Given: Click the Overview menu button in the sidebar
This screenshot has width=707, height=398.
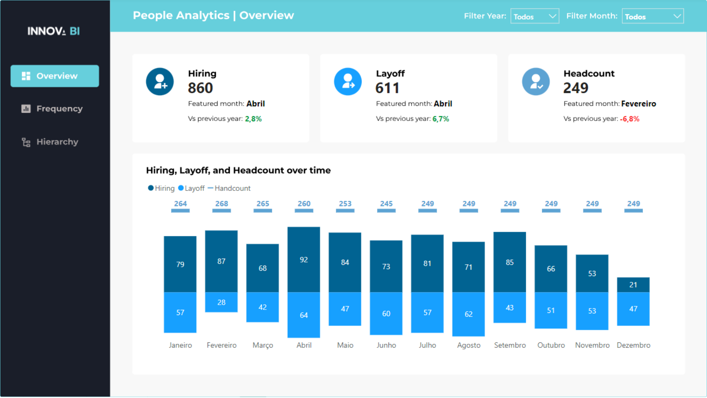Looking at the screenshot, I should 54,76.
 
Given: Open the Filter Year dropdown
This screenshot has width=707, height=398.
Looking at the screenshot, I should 534,16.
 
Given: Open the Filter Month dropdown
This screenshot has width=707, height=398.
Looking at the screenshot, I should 652,16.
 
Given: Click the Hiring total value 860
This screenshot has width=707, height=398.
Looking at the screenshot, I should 200,88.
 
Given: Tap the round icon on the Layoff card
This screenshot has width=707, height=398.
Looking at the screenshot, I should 348,81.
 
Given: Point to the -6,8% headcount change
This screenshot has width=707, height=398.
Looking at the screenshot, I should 629,119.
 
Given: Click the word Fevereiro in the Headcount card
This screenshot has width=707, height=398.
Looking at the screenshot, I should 638,104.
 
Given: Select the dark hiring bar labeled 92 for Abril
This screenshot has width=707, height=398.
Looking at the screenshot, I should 303,260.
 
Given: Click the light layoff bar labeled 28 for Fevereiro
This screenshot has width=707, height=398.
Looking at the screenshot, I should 221,302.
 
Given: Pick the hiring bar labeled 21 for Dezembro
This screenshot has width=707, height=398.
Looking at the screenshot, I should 633,284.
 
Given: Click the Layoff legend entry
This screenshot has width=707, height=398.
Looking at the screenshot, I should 191,188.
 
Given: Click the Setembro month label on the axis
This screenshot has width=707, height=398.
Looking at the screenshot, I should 510,345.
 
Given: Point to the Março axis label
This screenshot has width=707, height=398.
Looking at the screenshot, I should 263,345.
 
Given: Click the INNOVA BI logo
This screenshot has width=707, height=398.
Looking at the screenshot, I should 54,31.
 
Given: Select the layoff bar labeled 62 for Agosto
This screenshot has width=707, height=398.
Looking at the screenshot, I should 468,314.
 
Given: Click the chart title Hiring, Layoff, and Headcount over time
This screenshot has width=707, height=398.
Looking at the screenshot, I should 238,170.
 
